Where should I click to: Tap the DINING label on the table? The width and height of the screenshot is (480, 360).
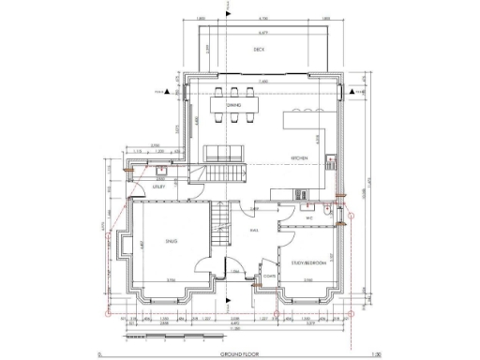(233, 106)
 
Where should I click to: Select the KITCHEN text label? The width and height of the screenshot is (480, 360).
(299, 158)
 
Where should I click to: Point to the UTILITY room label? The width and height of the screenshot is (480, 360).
(159, 187)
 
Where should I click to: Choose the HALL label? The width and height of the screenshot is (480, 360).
(253, 230)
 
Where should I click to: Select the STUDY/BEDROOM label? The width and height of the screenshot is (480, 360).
(307, 263)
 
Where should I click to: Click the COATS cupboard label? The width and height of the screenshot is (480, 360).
(269, 277)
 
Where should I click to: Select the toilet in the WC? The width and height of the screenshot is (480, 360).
(322, 214)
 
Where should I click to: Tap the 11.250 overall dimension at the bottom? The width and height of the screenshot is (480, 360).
(233, 329)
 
